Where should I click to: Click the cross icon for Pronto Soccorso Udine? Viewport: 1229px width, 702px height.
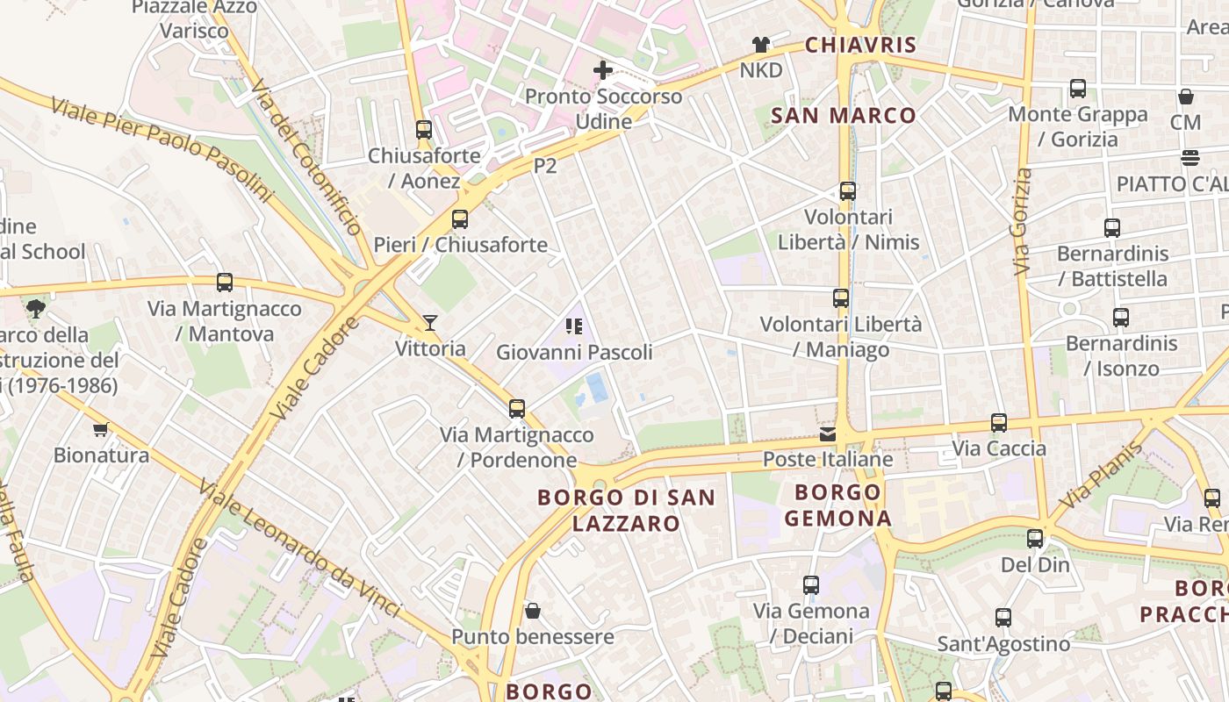tap(603, 69)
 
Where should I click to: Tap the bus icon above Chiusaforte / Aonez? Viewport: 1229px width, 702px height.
tap(424, 130)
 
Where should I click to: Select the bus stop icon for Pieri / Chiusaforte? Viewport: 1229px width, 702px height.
tap(460, 219)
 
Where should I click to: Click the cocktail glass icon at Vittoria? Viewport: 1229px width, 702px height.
tap(430, 323)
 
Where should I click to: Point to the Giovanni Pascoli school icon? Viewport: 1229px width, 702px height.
tap(574, 327)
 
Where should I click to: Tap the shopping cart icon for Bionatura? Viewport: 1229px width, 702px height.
tap(101, 429)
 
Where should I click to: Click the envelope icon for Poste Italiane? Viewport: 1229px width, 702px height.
tap(828, 433)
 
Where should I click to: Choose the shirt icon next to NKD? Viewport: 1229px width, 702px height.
tap(760, 45)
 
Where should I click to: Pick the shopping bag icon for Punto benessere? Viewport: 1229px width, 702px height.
tap(532, 611)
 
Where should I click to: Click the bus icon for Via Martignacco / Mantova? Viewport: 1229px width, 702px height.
tap(225, 283)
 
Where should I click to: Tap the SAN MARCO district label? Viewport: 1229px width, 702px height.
tap(844, 115)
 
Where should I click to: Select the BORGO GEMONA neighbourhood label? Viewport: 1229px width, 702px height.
tap(837, 505)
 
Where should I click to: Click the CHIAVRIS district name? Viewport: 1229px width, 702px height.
tap(860, 45)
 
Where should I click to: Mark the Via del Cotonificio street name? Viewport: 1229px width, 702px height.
tap(305, 158)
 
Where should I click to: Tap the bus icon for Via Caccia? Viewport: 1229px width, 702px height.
tap(999, 423)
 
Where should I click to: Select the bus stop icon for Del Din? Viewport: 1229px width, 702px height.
tap(1036, 539)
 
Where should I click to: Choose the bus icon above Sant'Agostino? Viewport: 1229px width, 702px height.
tap(1003, 618)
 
